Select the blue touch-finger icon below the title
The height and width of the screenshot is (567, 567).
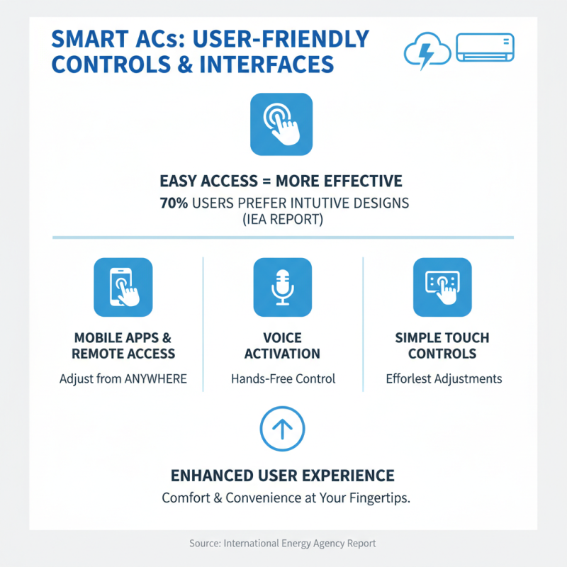click(281, 124)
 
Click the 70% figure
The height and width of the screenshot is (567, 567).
click(174, 203)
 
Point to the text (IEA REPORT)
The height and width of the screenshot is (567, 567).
click(283, 220)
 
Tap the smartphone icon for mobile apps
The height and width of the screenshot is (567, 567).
click(123, 286)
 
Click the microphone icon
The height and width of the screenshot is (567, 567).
click(282, 286)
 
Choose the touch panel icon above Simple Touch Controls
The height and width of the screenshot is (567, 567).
click(442, 286)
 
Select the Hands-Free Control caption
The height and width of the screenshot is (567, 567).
click(283, 378)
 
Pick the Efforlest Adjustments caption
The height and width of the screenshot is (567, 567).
click(444, 378)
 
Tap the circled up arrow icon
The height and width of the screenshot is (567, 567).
click(282, 428)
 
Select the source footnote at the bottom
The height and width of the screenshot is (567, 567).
click(282, 544)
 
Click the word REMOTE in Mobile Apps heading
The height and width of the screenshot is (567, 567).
click(99, 353)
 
